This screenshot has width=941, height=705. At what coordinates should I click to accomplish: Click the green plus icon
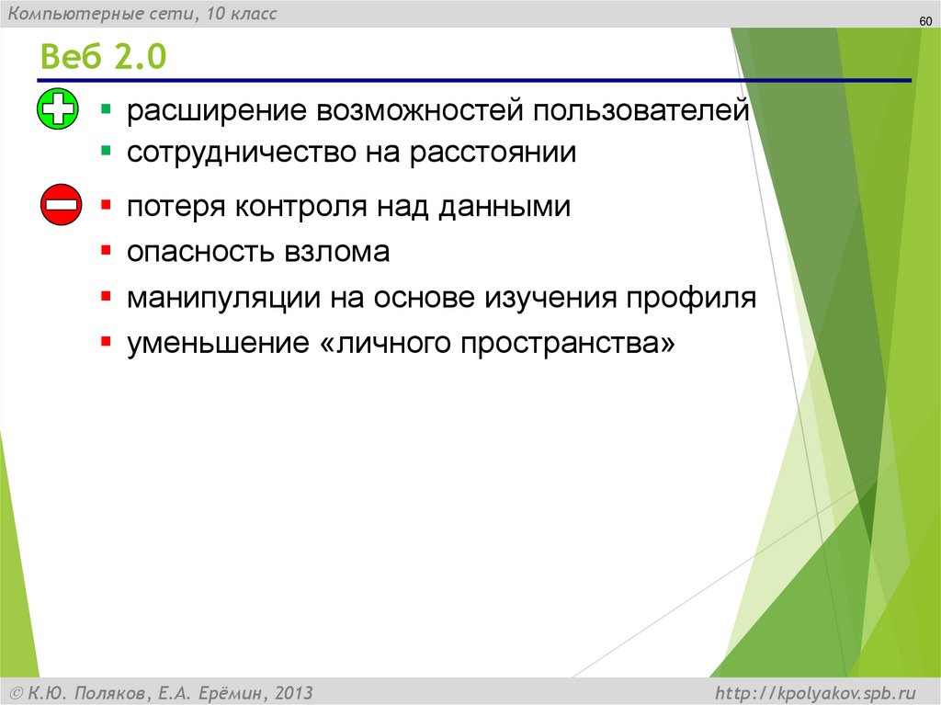[x=58, y=112]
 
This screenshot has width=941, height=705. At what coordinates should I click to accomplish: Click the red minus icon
[x=62, y=204]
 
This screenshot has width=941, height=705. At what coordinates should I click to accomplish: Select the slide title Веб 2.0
[x=102, y=57]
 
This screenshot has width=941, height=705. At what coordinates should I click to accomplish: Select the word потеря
[x=174, y=207]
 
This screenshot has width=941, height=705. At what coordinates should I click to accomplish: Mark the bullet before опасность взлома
[x=108, y=249]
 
